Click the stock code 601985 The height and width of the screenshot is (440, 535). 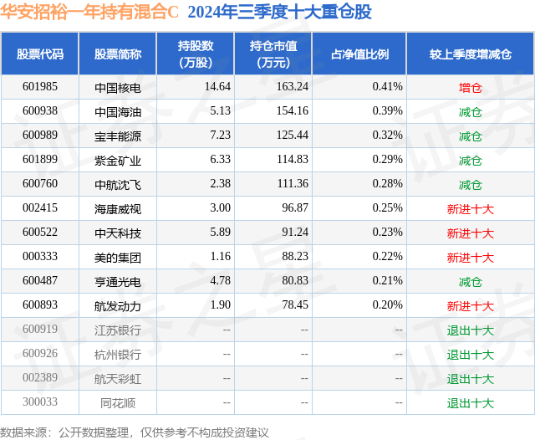click(40, 87)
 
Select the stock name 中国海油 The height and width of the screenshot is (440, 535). click(118, 111)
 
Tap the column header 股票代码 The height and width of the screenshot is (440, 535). click(40, 54)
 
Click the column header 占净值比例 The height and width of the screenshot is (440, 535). click(359, 54)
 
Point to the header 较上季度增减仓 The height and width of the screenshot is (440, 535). click(470, 54)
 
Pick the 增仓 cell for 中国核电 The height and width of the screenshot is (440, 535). click(470, 87)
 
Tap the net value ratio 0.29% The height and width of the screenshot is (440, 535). click(387, 160)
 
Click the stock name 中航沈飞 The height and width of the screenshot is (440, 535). click(118, 184)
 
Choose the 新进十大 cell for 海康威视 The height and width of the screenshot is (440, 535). click(470, 208)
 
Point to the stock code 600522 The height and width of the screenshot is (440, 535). click(40, 233)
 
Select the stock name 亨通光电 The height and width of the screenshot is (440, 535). click(118, 282)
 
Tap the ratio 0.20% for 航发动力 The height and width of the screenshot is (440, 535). click(387, 306)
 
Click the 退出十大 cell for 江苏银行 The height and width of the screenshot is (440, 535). click(470, 330)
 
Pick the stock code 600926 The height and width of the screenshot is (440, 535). click(40, 355)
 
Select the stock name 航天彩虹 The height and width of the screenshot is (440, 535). click(118, 379)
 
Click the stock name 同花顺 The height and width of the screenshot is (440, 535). click(118, 403)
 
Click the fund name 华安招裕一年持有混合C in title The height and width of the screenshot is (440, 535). click(90, 13)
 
